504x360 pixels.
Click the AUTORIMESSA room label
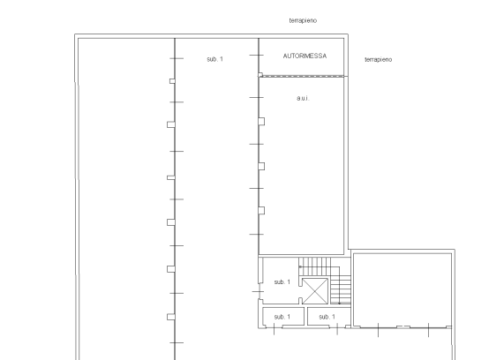tap(305, 56)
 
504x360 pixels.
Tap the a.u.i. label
tap(303, 98)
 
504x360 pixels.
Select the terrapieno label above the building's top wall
tap(303, 20)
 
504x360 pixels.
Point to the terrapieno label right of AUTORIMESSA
tap(379, 59)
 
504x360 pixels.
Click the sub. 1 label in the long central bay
tap(214, 59)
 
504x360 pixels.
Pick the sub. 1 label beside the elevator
tap(282, 281)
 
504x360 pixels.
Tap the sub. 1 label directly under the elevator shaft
tap(327, 317)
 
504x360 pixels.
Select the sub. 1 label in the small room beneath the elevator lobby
tap(282, 317)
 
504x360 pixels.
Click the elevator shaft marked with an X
tap(315, 291)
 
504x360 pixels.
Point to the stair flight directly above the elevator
tap(314, 266)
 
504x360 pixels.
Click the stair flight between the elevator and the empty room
tap(341, 289)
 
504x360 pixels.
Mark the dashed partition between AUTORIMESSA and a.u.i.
tap(302, 76)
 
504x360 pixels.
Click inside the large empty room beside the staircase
tap(402, 289)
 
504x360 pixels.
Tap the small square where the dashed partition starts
tap(260, 75)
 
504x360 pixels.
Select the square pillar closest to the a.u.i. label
tap(261, 122)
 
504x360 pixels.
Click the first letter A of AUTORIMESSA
tap(285, 56)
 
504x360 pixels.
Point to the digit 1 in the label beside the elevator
tap(289, 281)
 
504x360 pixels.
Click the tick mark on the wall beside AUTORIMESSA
tap(256, 56)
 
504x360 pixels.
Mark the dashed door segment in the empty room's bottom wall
tap(403, 326)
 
